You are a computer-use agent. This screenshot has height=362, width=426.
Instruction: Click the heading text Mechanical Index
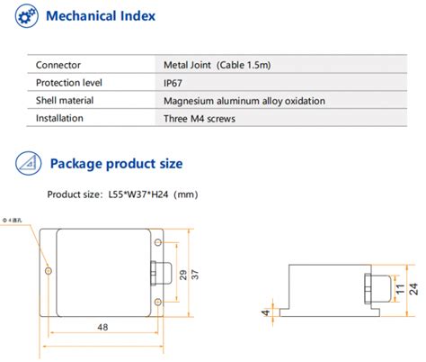pos(100,17)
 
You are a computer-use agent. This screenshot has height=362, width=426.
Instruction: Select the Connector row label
pos(58,66)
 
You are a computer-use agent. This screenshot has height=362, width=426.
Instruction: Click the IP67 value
pos(173,83)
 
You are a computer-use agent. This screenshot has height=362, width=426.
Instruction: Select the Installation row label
pos(62,117)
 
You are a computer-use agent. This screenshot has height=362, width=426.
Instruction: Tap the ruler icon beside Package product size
pos(26,163)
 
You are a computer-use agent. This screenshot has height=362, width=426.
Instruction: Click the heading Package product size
pos(116,164)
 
